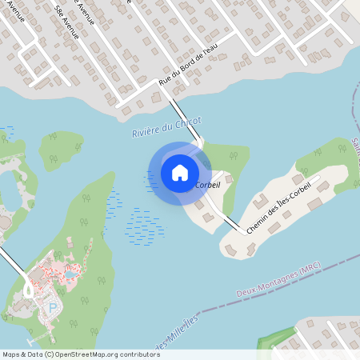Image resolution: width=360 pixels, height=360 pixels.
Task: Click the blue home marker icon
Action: point(180,172)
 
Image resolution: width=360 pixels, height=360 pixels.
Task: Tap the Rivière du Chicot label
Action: point(166,126)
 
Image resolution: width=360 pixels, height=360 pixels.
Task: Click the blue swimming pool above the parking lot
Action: point(70,274)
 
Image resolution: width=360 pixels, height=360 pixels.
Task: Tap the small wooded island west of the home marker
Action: point(62,149)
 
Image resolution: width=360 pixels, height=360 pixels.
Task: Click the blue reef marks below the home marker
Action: point(144,224)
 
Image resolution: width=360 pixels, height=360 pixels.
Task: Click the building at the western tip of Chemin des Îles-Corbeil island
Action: point(229,249)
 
